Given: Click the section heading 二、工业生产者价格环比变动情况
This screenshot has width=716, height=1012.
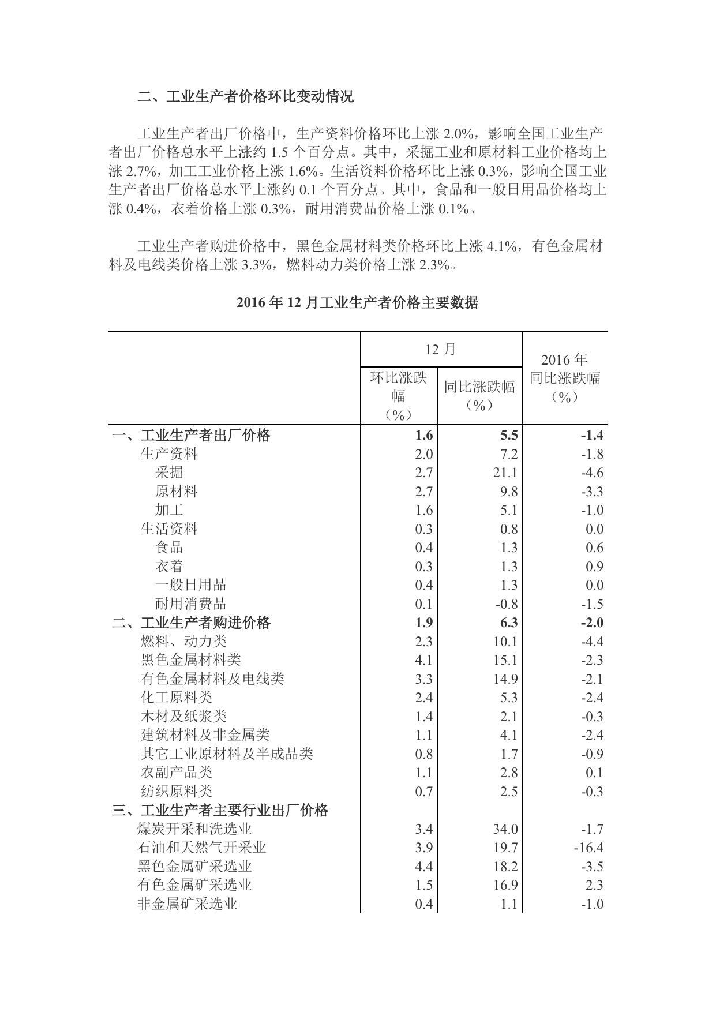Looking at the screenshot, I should coord(245,96).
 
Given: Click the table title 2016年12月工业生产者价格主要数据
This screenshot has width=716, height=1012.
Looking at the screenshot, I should coord(357,302).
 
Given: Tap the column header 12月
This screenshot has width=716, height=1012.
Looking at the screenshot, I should coord(441,349).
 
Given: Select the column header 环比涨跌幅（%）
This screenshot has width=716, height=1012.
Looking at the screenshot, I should coord(399,396).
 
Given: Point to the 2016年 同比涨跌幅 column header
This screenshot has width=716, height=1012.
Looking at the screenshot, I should coord(564,378).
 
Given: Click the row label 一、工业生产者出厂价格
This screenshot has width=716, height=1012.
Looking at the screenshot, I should coord(191,435).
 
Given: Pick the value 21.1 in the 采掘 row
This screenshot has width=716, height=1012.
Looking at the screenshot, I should coord(505,473).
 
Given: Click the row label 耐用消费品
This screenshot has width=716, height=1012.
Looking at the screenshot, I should coord(190,604).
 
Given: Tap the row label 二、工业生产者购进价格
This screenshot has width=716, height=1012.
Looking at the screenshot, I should coord(191,623).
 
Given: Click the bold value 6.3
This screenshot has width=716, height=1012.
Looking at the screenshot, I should coord(509,623).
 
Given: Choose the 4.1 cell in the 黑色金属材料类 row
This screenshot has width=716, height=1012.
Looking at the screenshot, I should coord(423,660).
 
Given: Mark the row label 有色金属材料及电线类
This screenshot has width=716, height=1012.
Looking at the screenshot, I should coord(212,679).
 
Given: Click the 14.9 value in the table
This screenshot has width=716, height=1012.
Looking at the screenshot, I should coord(505,679).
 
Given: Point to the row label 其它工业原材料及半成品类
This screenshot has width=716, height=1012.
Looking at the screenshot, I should coord(227,754).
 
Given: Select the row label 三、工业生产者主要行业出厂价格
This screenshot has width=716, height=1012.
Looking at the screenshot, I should coord(220,810).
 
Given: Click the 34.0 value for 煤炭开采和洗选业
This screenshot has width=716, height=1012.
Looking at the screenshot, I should coord(505,829).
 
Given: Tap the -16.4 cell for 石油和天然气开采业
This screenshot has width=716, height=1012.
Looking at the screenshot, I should coord(588,848).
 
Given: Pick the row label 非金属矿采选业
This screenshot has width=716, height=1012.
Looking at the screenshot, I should coord(187,904).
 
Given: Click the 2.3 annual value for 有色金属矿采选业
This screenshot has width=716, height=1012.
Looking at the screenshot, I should coord(594,885).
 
